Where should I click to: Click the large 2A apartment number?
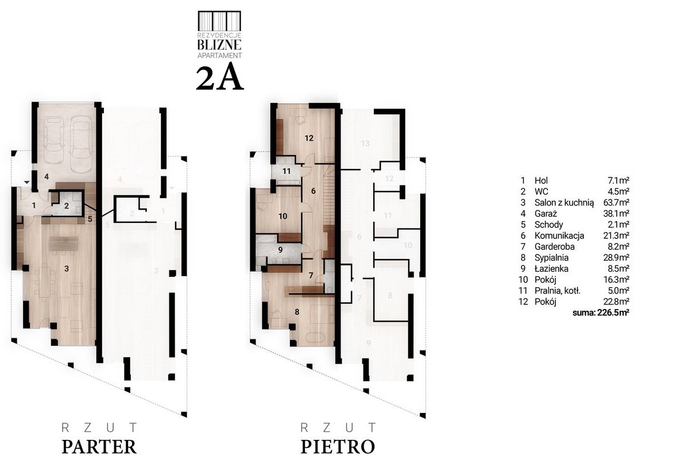219,78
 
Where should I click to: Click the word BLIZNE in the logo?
219,45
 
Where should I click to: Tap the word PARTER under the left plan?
99,446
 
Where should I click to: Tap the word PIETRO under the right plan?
338,446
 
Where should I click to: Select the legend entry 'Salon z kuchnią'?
564,203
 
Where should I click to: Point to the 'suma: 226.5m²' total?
601,312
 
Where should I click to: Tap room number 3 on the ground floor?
67,269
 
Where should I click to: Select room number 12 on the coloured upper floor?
309,138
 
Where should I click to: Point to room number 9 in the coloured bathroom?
280,249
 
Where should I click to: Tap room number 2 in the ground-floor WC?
67,206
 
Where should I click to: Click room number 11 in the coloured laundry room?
286,171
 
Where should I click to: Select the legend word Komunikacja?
559,236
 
